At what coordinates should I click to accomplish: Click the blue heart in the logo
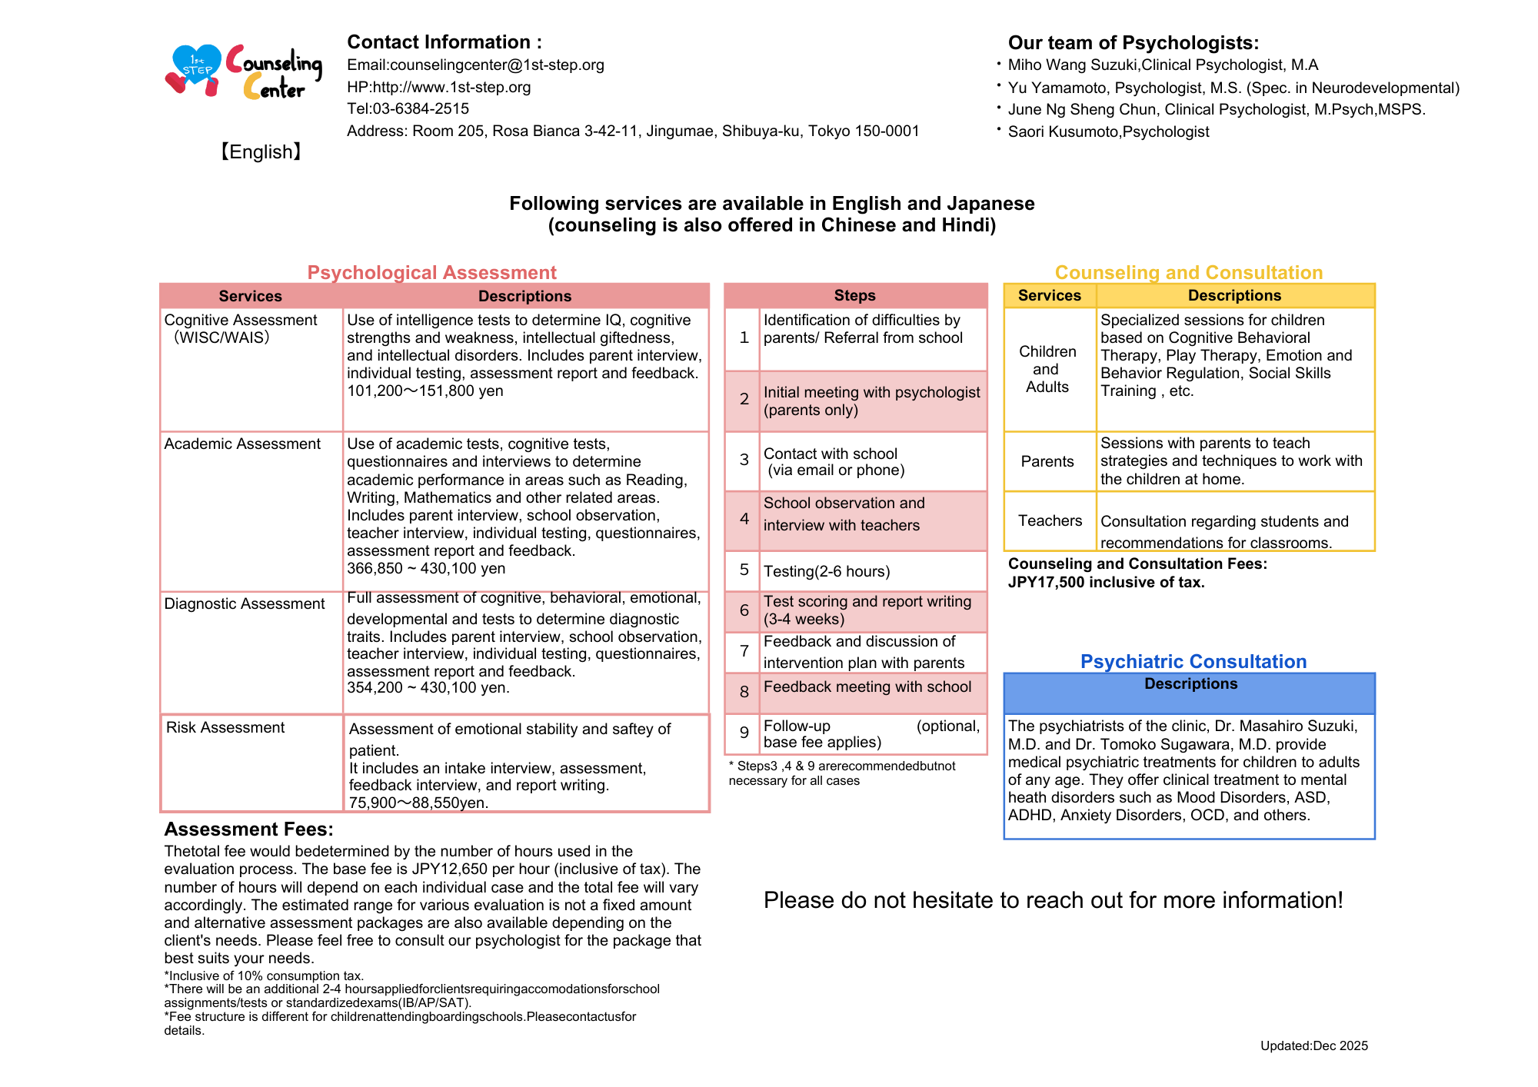tap(196, 65)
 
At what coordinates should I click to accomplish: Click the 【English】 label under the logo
tap(261, 152)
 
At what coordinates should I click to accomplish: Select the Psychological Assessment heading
tap(431, 273)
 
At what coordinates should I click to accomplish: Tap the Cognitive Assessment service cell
tap(240, 329)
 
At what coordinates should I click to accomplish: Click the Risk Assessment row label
tap(225, 728)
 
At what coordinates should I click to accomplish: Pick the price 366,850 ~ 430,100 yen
tap(426, 569)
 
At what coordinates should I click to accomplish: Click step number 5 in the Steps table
tap(744, 570)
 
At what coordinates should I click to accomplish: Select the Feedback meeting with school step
tap(867, 687)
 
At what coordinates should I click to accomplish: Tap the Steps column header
tap(854, 296)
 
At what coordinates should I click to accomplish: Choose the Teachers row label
tap(1050, 521)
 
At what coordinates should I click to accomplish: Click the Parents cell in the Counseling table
tap(1047, 461)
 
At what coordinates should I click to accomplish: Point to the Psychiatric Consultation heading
tap(1193, 662)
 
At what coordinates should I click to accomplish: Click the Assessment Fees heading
tap(248, 829)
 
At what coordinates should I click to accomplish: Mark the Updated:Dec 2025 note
tap(1313, 1046)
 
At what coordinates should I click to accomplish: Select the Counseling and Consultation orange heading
tap(1188, 273)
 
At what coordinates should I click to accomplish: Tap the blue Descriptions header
tap(1190, 684)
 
